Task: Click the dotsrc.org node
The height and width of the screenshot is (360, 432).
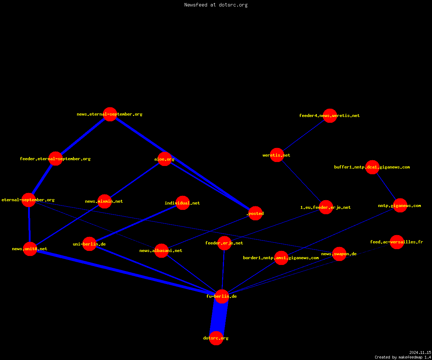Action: click(x=216, y=338)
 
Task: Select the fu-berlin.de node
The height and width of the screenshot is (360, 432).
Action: click(x=222, y=296)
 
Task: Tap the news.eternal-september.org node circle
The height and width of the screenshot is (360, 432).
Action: click(x=110, y=114)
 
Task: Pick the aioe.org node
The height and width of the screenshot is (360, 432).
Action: click(x=165, y=159)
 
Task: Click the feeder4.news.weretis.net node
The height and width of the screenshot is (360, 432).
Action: click(x=330, y=116)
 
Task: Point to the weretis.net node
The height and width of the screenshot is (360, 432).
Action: click(x=277, y=155)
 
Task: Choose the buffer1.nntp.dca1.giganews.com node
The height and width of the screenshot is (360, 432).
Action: click(x=372, y=167)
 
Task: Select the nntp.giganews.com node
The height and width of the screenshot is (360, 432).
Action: click(x=400, y=206)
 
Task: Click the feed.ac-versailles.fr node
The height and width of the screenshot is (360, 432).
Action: click(x=397, y=242)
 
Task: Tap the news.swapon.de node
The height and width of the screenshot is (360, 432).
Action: click(x=339, y=254)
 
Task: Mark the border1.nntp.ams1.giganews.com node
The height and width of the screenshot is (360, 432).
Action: click(x=281, y=258)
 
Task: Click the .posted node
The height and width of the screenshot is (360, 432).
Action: click(x=255, y=213)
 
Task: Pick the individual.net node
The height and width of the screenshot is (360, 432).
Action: click(x=183, y=203)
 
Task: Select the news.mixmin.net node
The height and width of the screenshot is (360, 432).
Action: click(x=104, y=201)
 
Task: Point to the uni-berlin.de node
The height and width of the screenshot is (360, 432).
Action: click(x=89, y=244)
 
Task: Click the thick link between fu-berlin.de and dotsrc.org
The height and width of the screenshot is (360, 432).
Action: click(x=219, y=317)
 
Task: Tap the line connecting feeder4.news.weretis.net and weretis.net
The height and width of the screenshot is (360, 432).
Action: click(x=303, y=135)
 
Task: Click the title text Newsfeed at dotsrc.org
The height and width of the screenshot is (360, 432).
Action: click(x=216, y=5)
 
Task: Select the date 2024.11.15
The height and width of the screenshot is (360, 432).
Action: click(x=420, y=352)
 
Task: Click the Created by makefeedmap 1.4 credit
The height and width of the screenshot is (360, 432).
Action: click(x=403, y=357)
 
